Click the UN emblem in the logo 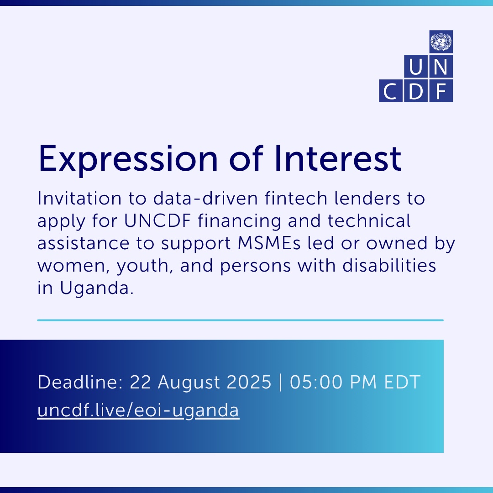[x=441, y=42]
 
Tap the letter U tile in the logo [x=416, y=66]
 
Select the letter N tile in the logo [x=441, y=66]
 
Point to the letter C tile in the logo [x=390, y=91]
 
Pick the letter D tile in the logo [x=416, y=91]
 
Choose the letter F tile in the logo [x=441, y=91]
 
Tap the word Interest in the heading [x=338, y=158]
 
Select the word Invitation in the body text [x=79, y=199]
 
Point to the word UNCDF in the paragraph [x=157, y=221]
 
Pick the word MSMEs [x=269, y=243]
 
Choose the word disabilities [x=389, y=265]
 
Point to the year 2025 [x=249, y=382]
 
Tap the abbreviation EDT [x=403, y=382]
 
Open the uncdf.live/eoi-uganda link [x=138, y=411]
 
